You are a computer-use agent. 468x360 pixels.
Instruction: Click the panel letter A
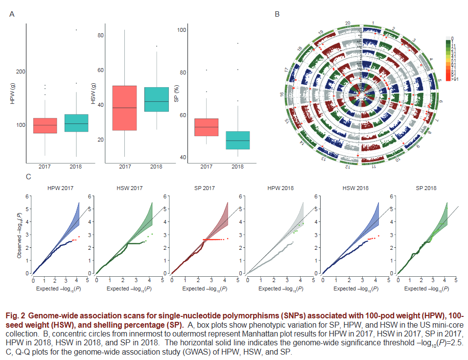[x=11, y=15]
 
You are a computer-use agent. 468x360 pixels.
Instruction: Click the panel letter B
[x=277, y=15]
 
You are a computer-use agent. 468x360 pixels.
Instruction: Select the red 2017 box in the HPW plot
[x=45, y=125]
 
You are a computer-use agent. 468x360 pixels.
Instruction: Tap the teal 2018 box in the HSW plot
[x=156, y=99]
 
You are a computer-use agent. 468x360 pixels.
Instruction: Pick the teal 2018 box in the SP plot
[x=237, y=140]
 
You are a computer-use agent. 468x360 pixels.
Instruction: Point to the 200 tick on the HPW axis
[x=21, y=72]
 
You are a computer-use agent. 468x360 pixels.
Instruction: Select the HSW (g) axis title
[x=93, y=93]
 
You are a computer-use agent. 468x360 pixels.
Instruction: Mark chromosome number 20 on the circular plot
[x=347, y=23]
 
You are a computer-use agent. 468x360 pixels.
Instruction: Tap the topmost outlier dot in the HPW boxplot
[x=76, y=30]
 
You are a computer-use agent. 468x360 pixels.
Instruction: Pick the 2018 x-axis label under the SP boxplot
[x=237, y=167]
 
